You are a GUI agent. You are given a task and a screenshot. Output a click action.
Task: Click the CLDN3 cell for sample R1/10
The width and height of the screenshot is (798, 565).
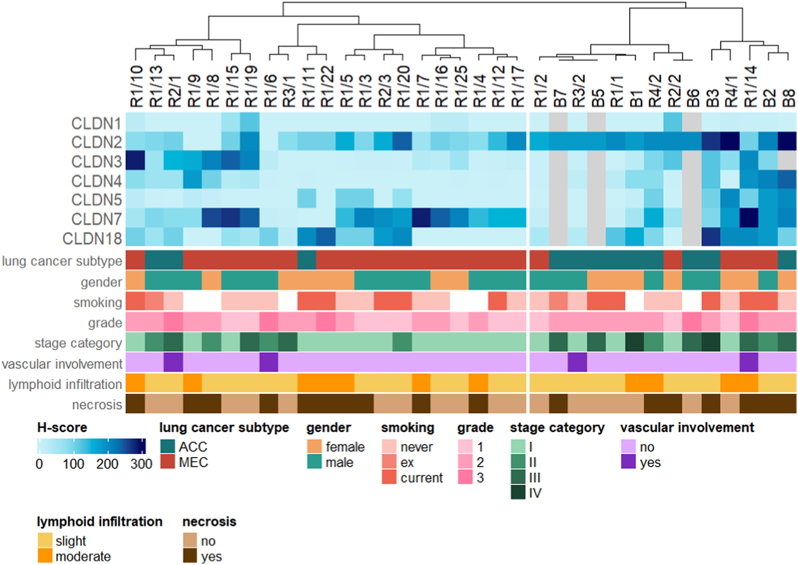(135, 160)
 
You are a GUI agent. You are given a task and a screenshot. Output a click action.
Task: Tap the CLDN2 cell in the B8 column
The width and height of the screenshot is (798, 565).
(787, 141)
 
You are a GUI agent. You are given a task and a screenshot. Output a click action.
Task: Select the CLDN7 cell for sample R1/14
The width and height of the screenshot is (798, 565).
(749, 218)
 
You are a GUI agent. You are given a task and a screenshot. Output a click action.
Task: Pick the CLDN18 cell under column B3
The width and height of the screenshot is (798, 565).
(711, 237)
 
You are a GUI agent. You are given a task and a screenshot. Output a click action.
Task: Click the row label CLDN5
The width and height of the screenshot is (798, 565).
(96, 200)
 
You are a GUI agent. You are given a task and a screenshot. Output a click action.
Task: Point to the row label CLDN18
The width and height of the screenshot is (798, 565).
(92, 238)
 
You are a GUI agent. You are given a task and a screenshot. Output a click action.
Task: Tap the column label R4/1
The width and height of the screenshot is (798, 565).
(730, 91)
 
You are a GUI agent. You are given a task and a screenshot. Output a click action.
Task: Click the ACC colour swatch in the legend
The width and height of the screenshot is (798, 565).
(168, 447)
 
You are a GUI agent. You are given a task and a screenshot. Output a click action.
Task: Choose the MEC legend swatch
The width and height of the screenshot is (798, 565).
(168, 462)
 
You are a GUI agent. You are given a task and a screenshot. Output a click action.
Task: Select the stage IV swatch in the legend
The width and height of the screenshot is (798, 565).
(518, 493)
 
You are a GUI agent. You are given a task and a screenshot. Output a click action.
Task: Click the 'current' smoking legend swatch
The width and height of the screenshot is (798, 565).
(389, 477)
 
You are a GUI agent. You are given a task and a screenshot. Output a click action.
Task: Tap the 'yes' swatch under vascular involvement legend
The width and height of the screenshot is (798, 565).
(628, 462)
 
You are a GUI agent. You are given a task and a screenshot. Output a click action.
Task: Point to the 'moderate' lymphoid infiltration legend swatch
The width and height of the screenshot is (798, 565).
(45, 556)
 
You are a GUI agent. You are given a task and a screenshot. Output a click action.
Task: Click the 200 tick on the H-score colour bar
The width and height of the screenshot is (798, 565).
(107, 446)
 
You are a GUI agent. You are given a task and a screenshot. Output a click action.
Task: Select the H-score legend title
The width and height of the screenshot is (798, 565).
(62, 427)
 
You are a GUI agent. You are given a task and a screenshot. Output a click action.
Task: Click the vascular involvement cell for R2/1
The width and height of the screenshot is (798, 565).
(173, 362)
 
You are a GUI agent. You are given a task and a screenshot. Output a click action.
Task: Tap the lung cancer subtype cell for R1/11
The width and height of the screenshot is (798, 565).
(307, 260)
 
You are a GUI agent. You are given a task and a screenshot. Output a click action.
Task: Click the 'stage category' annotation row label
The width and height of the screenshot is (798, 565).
(78, 343)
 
